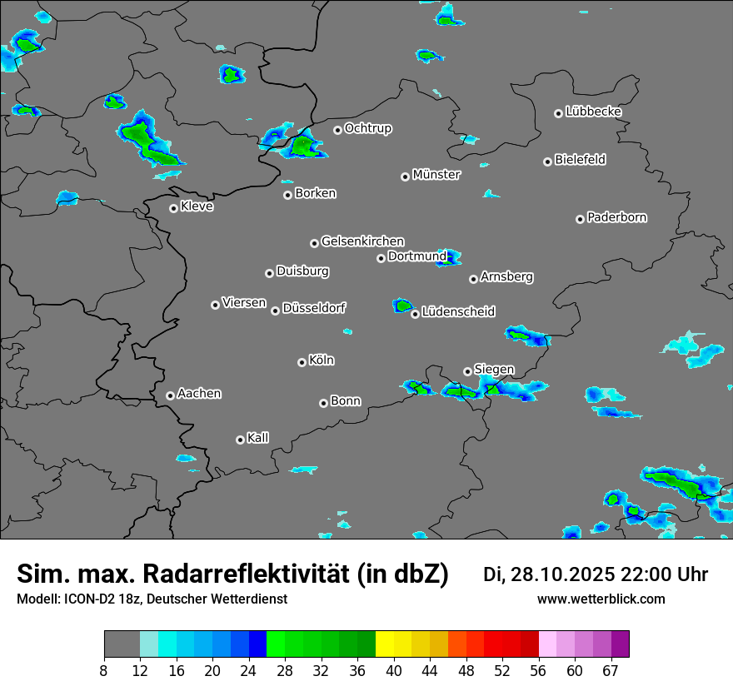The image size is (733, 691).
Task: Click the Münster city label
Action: (x=436, y=175)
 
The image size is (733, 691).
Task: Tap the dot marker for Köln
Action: (x=302, y=362)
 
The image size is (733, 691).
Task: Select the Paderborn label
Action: (x=616, y=217)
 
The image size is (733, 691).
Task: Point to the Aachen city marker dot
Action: (x=170, y=395)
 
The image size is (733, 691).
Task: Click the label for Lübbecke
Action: (x=593, y=112)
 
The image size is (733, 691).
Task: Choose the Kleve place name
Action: (x=197, y=206)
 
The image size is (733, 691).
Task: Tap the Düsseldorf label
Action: (x=314, y=308)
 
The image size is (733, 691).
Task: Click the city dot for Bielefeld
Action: (x=547, y=162)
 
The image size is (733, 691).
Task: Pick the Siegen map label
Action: (x=494, y=370)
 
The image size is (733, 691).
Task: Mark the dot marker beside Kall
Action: (x=240, y=440)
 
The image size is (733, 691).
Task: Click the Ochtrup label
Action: (x=367, y=128)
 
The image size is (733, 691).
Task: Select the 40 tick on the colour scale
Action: (x=394, y=670)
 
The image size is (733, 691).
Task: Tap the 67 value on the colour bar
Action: (x=611, y=670)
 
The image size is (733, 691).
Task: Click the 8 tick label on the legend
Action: (x=104, y=670)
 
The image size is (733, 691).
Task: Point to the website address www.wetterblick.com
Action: (x=601, y=599)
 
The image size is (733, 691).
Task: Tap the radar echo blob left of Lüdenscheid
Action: (x=404, y=306)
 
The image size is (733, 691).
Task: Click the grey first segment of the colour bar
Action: (x=122, y=644)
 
